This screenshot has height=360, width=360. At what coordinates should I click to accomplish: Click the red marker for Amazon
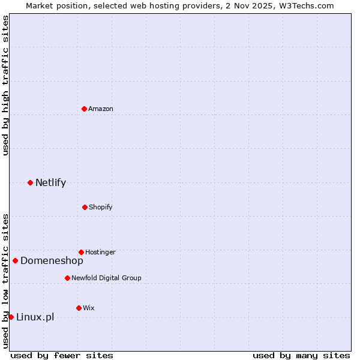pyautogui.click(x=84, y=109)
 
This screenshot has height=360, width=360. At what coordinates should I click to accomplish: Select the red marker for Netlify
pyautogui.click(x=30, y=182)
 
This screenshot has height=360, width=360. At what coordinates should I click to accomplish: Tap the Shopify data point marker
pyautogui.click(x=85, y=207)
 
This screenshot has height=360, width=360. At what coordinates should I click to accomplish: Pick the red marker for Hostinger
pyautogui.click(x=81, y=252)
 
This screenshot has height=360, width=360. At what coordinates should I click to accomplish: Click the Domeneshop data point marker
pyautogui.click(x=15, y=260)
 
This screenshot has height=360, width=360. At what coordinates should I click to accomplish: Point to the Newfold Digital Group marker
pyautogui.click(x=67, y=278)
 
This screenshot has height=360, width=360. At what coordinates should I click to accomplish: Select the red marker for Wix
pyautogui.click(x=79, y=308)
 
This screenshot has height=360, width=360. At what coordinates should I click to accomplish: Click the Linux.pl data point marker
pyautogui.click(x=11, y=317)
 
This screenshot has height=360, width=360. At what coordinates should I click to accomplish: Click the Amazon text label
pyautogui.click(x=101, y=109)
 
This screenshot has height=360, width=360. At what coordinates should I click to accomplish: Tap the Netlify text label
pyautogui.click(x=50, y=182)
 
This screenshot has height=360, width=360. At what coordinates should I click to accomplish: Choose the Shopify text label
pyautogui.click(x=101, y=207)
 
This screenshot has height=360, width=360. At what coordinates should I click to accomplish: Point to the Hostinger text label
pyautogui.click(x=100, y=252)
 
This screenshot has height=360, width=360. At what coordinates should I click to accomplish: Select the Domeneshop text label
pyautogui.click(x=52, y=260)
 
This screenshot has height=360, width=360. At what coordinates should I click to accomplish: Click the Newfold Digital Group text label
pyautogui.click(x=106, y=278)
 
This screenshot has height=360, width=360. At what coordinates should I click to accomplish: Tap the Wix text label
pyautogui.click(x=89, y=308)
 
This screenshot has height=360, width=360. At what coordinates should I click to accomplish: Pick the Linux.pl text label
pyautogui.click(x=35, y=317)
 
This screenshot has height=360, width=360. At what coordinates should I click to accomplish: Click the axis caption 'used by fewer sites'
pyautogui.click(x=62, y=355)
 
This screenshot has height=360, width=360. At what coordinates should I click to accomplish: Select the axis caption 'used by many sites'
pyautogui.click(x=301, y=355)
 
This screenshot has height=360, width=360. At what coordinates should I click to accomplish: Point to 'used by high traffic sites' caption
pyautogui.click(x=5, y=85)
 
